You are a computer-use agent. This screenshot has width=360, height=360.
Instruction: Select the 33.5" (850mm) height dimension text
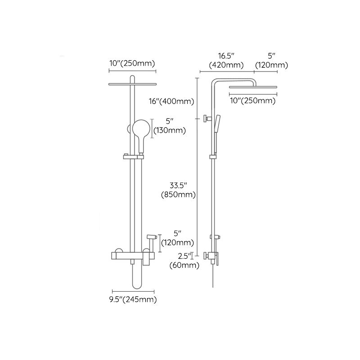tap(179, 190)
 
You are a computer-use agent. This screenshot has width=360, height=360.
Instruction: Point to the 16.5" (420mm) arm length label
tap(226, 61)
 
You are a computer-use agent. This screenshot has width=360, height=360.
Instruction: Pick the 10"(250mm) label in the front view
tap(132, 63)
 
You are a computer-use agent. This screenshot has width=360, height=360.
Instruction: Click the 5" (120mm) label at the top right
tap(271, 61)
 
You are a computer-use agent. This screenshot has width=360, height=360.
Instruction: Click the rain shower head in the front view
tap(132, 84)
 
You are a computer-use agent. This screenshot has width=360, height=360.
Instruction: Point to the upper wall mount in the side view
tap(207, 119)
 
